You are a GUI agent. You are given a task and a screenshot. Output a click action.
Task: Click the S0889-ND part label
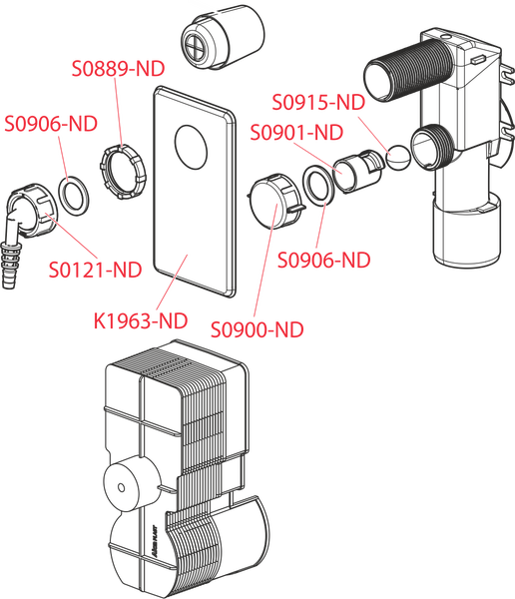(118, 68)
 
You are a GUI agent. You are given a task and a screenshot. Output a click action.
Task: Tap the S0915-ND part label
(318, 103)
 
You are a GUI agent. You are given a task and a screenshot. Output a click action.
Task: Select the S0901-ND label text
(296, 133)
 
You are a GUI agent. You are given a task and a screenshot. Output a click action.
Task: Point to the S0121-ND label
(95, 271)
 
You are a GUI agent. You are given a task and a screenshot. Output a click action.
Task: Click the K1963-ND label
(141, 320)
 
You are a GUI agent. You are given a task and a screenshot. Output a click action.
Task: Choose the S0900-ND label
(257, 329)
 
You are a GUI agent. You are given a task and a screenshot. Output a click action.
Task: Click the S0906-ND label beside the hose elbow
(51, 124)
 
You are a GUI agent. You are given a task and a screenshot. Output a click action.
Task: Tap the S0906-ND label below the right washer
(324, 261)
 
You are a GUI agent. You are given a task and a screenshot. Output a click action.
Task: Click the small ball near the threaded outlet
(397, 157)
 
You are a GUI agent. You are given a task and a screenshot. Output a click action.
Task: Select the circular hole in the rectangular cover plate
(191, 147)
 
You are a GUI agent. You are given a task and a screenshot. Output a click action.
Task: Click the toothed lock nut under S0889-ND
(123, 172)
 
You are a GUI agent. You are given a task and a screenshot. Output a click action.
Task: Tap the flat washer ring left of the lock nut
(74, 196)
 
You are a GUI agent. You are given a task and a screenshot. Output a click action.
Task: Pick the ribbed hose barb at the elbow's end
(10, 266)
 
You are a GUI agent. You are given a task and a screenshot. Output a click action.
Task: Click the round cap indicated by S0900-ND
(274, 201)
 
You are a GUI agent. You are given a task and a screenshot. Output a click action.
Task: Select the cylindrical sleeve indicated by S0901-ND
(357, 171)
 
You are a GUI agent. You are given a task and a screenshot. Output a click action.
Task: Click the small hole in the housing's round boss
(122, 487)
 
